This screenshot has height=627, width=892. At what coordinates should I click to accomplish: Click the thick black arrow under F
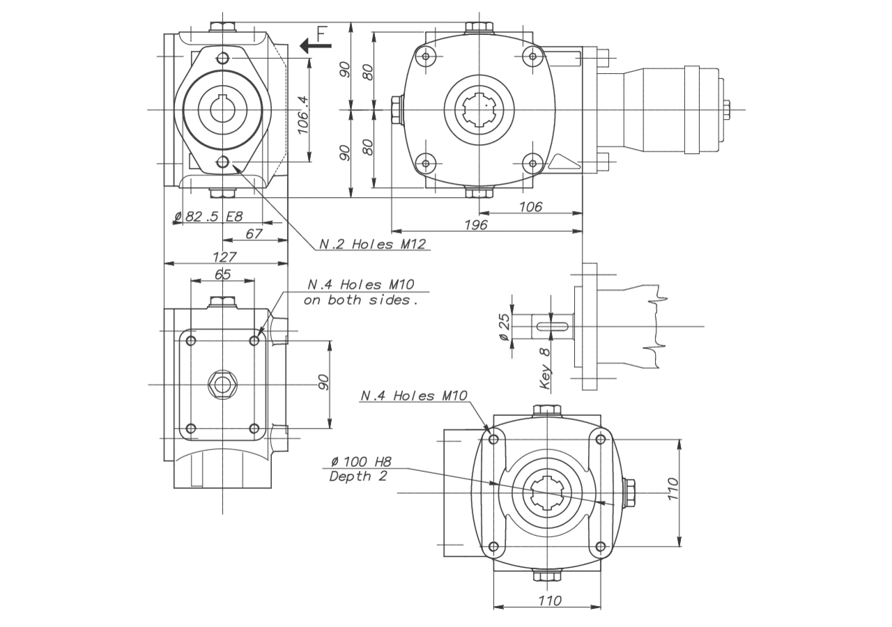316,46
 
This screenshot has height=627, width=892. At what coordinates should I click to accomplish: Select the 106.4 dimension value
303,115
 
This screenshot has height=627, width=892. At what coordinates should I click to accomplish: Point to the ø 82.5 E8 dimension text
208,217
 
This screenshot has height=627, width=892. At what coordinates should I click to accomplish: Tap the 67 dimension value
254,233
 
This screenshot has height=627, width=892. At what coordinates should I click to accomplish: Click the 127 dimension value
224,257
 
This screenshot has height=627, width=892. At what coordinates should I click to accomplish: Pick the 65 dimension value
222,274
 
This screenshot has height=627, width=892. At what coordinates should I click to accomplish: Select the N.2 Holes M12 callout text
373,244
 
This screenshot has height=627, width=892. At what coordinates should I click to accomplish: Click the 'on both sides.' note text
361,300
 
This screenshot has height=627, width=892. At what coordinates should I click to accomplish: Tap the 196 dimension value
476,225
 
